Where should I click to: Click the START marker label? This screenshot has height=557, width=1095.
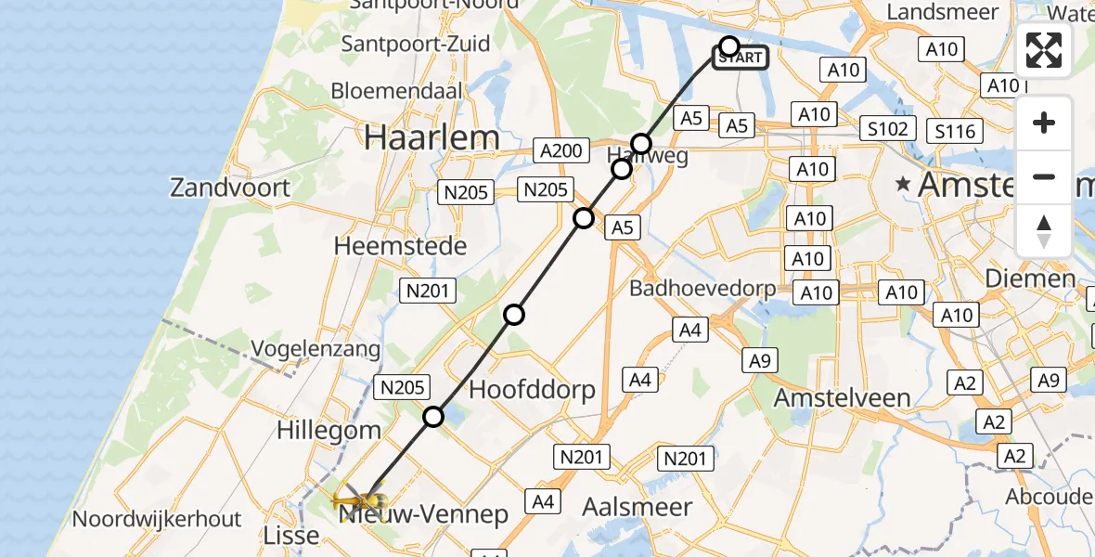(741, 58)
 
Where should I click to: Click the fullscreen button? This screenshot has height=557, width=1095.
(1044, 50)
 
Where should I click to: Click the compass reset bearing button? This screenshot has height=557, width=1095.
(1044, 231)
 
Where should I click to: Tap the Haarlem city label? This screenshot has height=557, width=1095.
(432, 137)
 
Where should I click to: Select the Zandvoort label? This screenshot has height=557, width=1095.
(230, 188)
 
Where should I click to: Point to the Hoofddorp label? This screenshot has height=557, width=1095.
(532, 389)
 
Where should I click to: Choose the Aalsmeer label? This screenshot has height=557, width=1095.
(638, 507)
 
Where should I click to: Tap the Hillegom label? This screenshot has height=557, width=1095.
(328, 431)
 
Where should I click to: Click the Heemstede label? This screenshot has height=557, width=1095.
(401, 247)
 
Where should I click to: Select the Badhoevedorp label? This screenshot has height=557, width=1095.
(702, 289)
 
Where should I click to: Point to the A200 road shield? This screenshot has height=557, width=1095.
(560, 150)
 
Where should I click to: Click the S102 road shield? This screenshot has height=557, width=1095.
(888, 128)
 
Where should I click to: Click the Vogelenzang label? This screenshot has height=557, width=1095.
(316, 350)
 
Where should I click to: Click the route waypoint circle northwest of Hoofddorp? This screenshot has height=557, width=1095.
(514, 315)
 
